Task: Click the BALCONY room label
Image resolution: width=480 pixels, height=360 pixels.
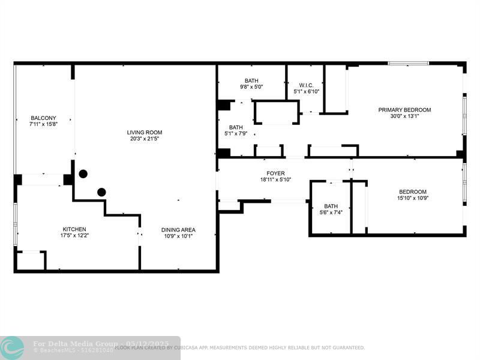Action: pyautogui.click(x=43, y=118)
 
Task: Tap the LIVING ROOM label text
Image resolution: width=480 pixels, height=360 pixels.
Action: pyautogui.click(x=144, y=133)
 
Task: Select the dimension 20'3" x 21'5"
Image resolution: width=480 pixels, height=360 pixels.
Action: pyautogui.click(x=144, y=139)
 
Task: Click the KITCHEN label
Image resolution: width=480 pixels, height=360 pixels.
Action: pyautogui.click(x=74, y=229)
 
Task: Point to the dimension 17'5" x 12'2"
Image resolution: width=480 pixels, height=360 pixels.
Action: pyautogui.click(x=74, y=235)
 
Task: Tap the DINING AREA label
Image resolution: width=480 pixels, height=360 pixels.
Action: pyautogui.click(x=178, y=230)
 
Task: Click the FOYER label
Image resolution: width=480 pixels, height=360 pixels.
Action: pyautogui.click(x=275, y=173)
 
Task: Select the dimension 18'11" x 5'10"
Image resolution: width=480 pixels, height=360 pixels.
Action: pyautogui.click(x=275, y=179)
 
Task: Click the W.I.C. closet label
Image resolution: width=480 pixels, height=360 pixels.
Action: pyautogui.click(x=305, y=85)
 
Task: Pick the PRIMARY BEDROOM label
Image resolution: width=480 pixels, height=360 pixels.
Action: pyautogui.click(x=404, y=110)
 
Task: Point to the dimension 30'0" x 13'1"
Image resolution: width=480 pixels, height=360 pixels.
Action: pyautogui.click(x=404, y=116)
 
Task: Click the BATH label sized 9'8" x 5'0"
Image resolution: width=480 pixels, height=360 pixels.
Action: pyautogui.click(x=251, y=80)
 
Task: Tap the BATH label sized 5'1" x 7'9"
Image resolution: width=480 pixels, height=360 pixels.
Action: pyautogui.click(x=236, y=127)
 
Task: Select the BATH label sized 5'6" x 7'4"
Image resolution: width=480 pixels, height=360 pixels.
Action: pyautogui.click(x=331, y=206)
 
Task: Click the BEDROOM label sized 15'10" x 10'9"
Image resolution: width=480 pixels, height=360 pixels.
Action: pyautogui.click(x=414, y=192)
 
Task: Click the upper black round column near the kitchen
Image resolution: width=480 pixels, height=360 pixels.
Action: pyautogui.click(x=83, y=174)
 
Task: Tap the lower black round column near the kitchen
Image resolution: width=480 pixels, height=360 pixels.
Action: pyautogui.click(x=102, y=192)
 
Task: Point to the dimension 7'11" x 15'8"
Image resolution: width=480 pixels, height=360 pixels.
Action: pyautogui.click(x=43, y=124)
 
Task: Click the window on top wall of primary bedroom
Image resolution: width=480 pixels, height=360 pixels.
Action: pyautogui.click(x=408, y=63)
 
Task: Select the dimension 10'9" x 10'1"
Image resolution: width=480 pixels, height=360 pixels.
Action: pyautogui.click(x=178, y=236)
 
